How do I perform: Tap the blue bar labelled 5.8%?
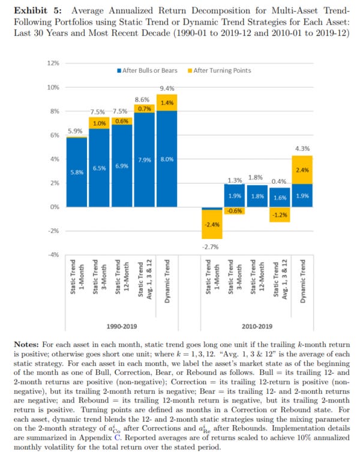[x=76, y=172]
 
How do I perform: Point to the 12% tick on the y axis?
[x=53, y=63]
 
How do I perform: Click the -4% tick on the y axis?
[x=53, y=255]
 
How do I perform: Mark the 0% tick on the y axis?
[x=53, y=207]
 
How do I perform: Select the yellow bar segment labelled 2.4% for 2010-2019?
[x=303, y=170]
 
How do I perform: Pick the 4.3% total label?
[x=303, y=148]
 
